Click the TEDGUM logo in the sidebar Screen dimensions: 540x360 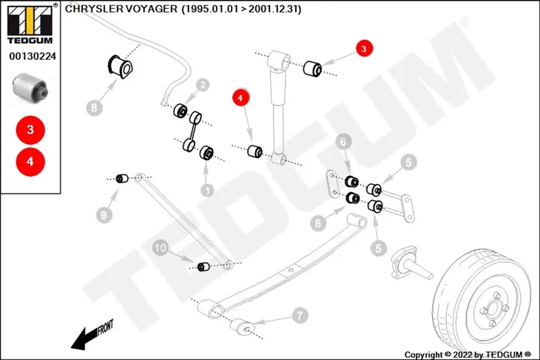pos(30,24)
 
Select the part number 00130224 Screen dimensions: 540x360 pos(33,56)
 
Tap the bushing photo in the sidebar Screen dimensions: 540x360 pos(30,86)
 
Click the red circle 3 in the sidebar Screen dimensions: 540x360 pos(30,130)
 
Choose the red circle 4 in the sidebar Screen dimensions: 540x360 pos(30,162)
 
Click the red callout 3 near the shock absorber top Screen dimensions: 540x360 pos(365,49)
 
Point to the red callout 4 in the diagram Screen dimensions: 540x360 pos(240,98)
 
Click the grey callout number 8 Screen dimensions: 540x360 pos(95,108)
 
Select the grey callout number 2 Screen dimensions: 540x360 pos(203,85)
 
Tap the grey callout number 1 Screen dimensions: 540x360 pos(207,190)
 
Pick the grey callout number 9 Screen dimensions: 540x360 pos(104,215)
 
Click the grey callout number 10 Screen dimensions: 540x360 pos(161,248)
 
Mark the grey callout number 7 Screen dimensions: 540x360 pos(300,315)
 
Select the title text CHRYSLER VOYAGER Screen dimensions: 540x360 pos(121,9)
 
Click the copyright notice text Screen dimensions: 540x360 pos(468,355)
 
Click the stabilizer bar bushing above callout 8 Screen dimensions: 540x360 pos(121,66)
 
